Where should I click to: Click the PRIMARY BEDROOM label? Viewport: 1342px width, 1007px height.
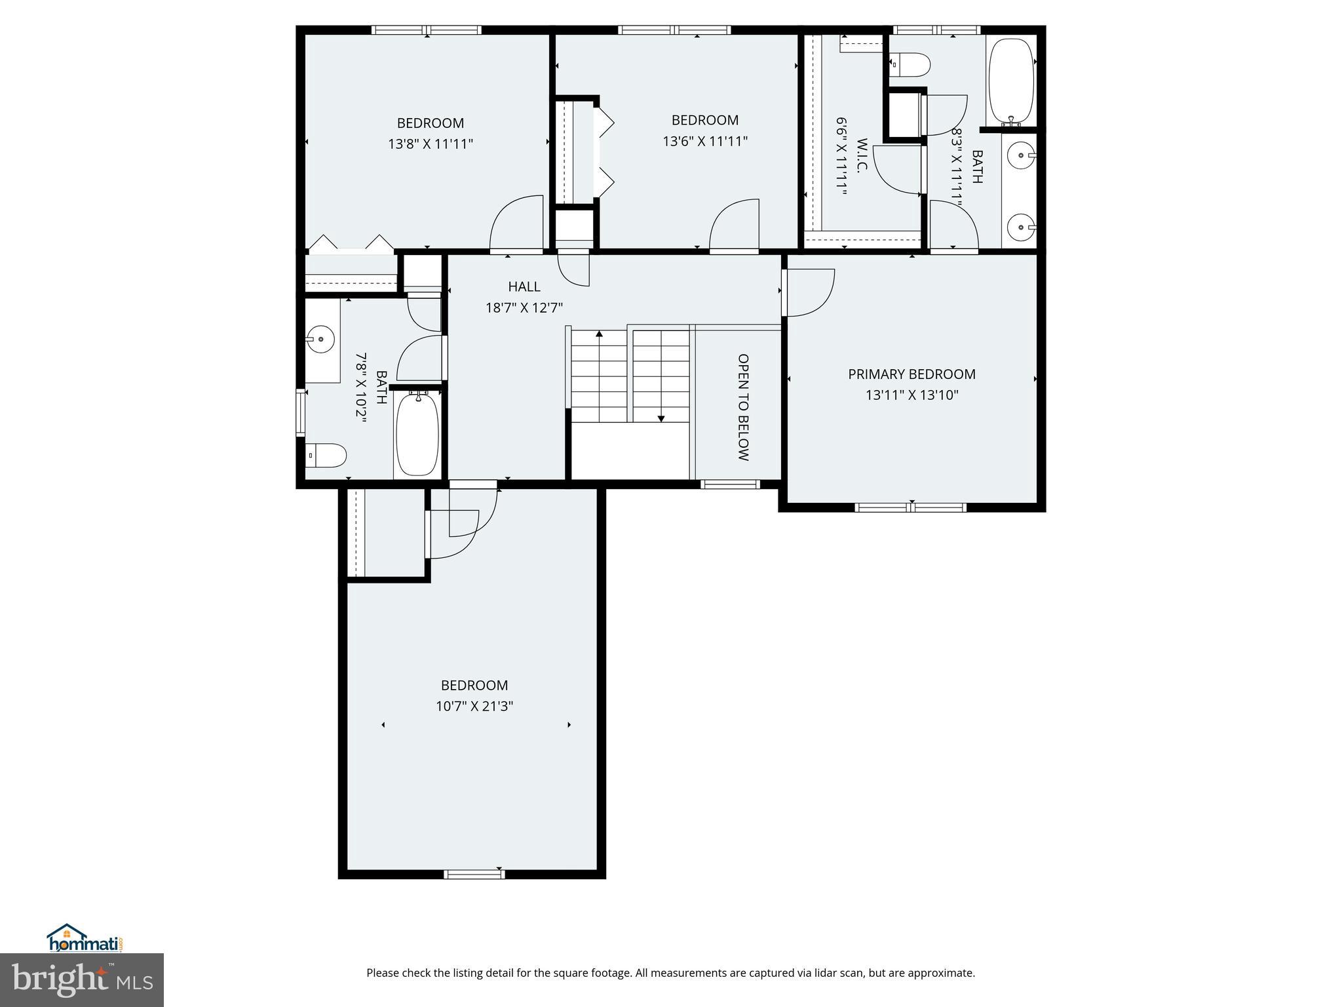tap(911, 374)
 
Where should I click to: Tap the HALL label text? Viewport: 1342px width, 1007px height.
tap(524, 286)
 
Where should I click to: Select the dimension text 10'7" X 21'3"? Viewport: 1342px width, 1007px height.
tap(474, 706)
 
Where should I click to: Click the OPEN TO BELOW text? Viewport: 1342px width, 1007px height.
tap(743, 407)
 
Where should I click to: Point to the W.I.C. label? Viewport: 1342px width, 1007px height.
tap(862, 155)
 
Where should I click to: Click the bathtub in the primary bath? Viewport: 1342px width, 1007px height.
tap(1010, 80)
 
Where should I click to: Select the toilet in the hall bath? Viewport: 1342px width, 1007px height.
tap(326, 455)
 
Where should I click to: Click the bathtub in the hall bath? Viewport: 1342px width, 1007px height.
tap(417, 433)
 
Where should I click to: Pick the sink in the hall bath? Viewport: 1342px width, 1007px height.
tap(320, 340)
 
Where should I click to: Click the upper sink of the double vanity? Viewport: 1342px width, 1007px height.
tap(1021, 156)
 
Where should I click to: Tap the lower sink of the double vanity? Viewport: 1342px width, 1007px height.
tap(1021, 228)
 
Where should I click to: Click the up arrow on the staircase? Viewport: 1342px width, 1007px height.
tap(599, 334)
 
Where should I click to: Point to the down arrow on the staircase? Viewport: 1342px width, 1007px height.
tap(661, 418)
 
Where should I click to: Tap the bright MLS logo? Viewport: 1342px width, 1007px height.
tap(82, 979)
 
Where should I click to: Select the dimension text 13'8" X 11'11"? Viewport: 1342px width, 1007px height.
tap(431, 144)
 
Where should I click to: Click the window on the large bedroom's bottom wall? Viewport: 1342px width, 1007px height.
tap(474, 873)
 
